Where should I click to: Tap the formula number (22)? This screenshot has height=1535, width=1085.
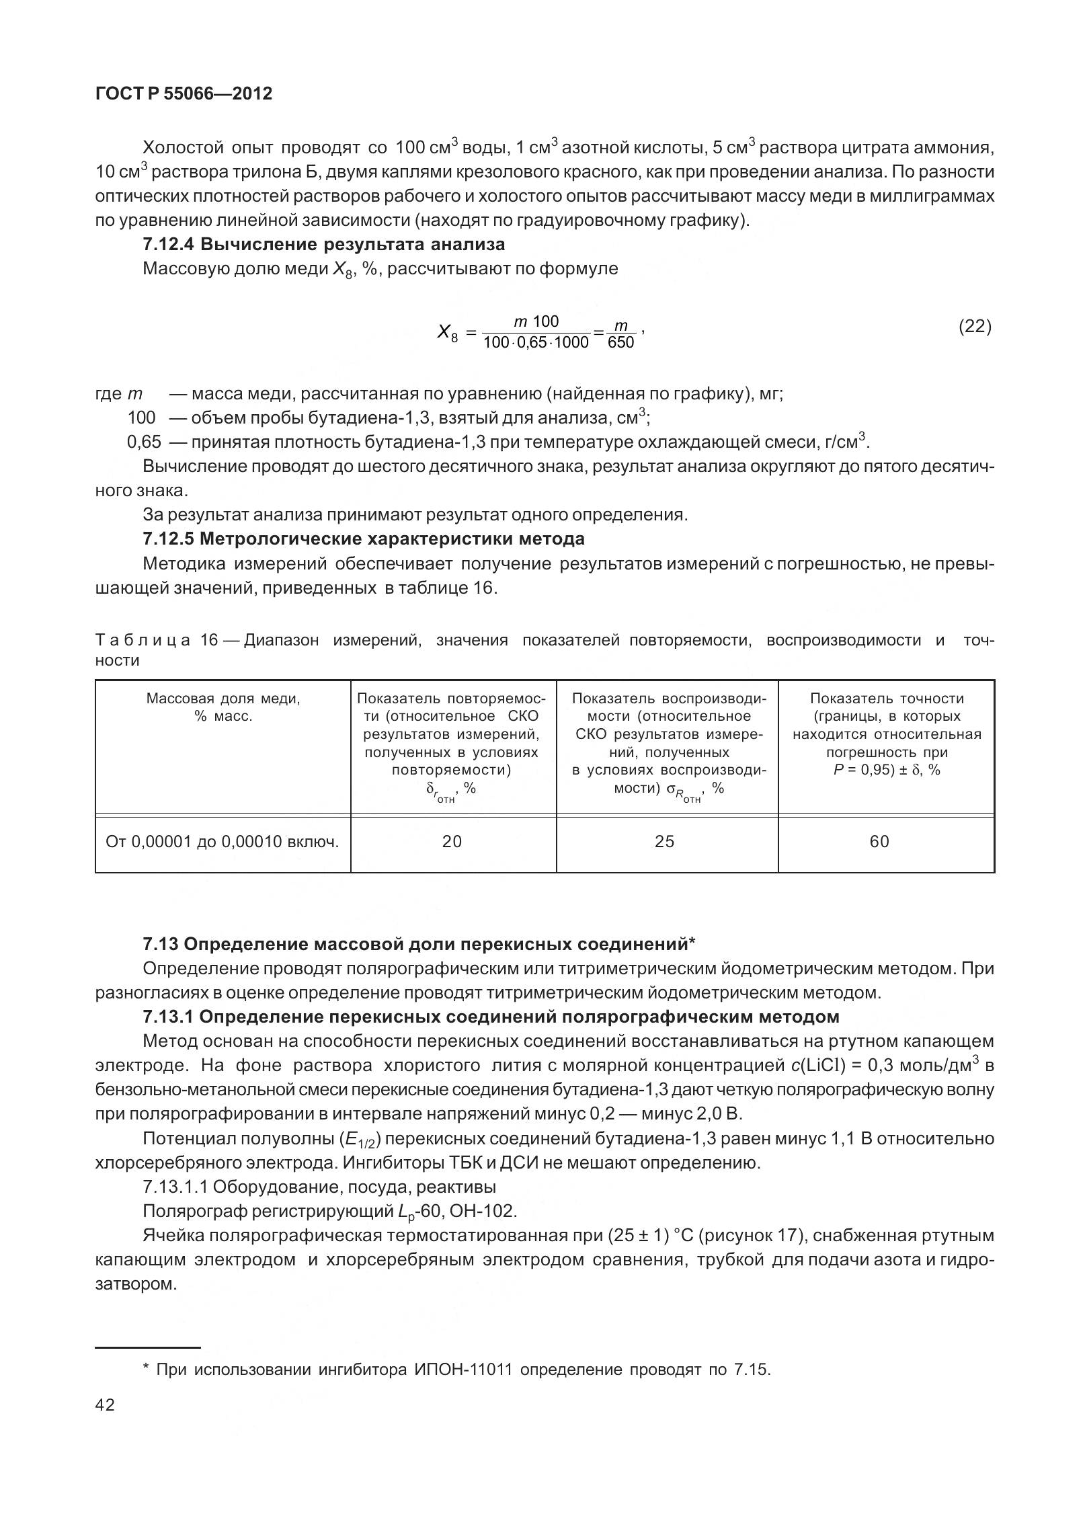(974, 327)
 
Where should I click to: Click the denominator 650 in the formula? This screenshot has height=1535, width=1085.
(620, 342)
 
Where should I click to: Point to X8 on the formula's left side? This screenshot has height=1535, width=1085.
(447, 332)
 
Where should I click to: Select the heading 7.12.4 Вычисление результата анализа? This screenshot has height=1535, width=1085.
(323, 245)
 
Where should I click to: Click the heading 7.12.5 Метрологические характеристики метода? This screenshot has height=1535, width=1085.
(363, 539)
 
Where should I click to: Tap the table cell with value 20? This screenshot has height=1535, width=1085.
(452, 842)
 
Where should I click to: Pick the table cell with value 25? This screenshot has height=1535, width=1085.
(664, 842)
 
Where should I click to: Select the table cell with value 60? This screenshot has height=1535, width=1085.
(879, 842)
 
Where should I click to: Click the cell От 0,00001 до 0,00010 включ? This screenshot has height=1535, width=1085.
(223, 842)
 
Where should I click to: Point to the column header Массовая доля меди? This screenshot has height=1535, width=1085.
(223, 699)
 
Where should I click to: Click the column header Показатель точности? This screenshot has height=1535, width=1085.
(887, 699)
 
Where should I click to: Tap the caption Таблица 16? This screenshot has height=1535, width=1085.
(157, 640)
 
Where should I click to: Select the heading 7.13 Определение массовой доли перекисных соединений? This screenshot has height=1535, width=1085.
(418, 944)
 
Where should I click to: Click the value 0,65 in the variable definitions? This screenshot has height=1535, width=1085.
(144, 442)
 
